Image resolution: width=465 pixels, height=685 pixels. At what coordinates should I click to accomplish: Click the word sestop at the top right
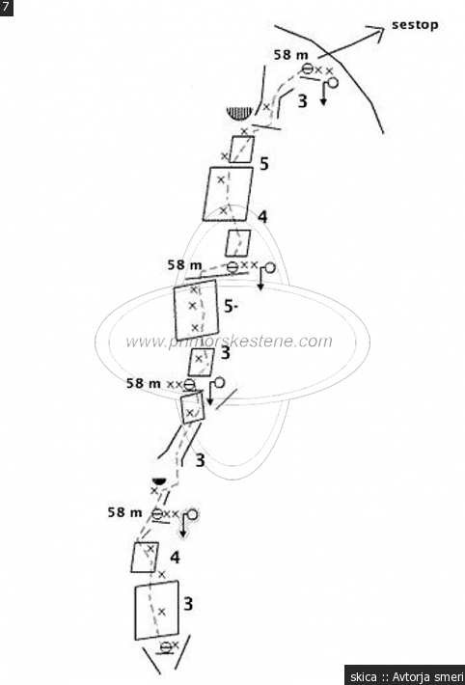click(415, 25)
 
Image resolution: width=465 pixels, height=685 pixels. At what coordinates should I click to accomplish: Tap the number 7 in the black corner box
click(6, 8)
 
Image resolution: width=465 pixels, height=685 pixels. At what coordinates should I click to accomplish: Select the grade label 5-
click(231, 307)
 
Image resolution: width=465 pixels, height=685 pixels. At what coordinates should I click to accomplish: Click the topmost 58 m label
click(291, 55)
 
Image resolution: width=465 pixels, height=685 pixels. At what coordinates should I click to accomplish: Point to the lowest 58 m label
click(125, 512)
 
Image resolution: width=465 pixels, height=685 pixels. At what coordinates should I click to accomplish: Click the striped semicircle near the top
click(240, 113)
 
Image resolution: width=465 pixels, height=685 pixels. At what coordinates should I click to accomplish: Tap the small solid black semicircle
click(158, 481)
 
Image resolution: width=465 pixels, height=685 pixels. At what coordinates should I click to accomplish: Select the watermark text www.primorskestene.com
click(229, 342)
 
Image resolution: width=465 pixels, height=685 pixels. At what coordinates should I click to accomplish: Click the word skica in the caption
click(363, 676)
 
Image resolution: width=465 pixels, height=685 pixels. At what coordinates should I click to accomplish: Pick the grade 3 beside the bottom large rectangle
click(188, 604)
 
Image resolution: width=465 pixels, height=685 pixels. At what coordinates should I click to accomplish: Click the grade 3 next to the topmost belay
click(302, 101)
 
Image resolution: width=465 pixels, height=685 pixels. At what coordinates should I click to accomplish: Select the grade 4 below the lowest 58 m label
click(175, 558)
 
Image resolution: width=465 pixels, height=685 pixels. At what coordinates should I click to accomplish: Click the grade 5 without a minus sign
click(264, 164)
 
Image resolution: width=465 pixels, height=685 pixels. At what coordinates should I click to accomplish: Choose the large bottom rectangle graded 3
click(157, 611)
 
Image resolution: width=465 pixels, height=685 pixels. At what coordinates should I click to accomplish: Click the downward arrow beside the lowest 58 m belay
click(182, 528)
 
